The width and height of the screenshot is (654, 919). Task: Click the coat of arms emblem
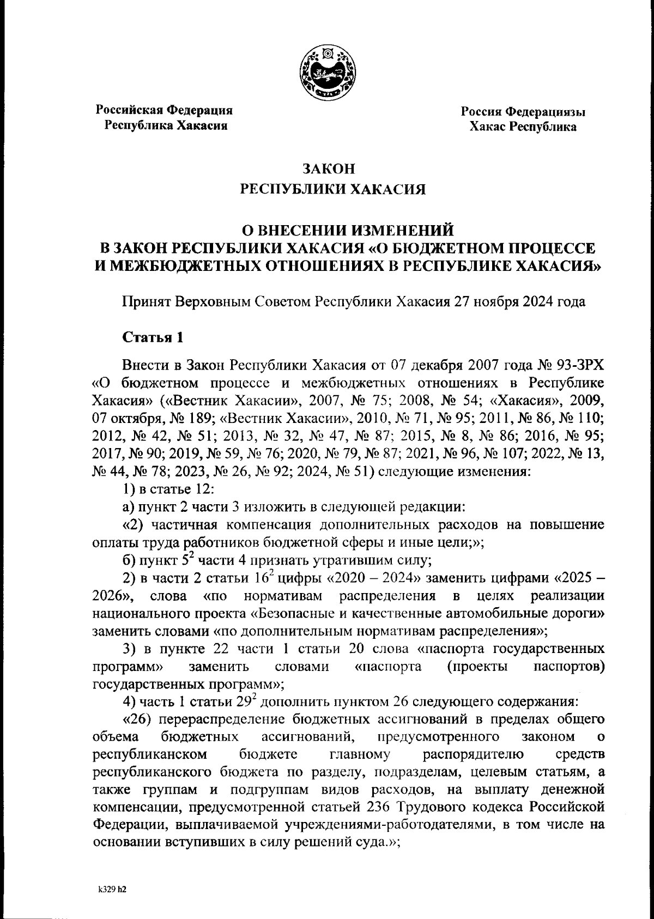(328, 73)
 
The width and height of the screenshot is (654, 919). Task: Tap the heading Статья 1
(152, 337)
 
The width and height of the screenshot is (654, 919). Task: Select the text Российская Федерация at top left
(165, 110)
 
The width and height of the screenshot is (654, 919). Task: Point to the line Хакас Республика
(523, 128)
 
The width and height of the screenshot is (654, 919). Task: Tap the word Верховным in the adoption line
(216, 301)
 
